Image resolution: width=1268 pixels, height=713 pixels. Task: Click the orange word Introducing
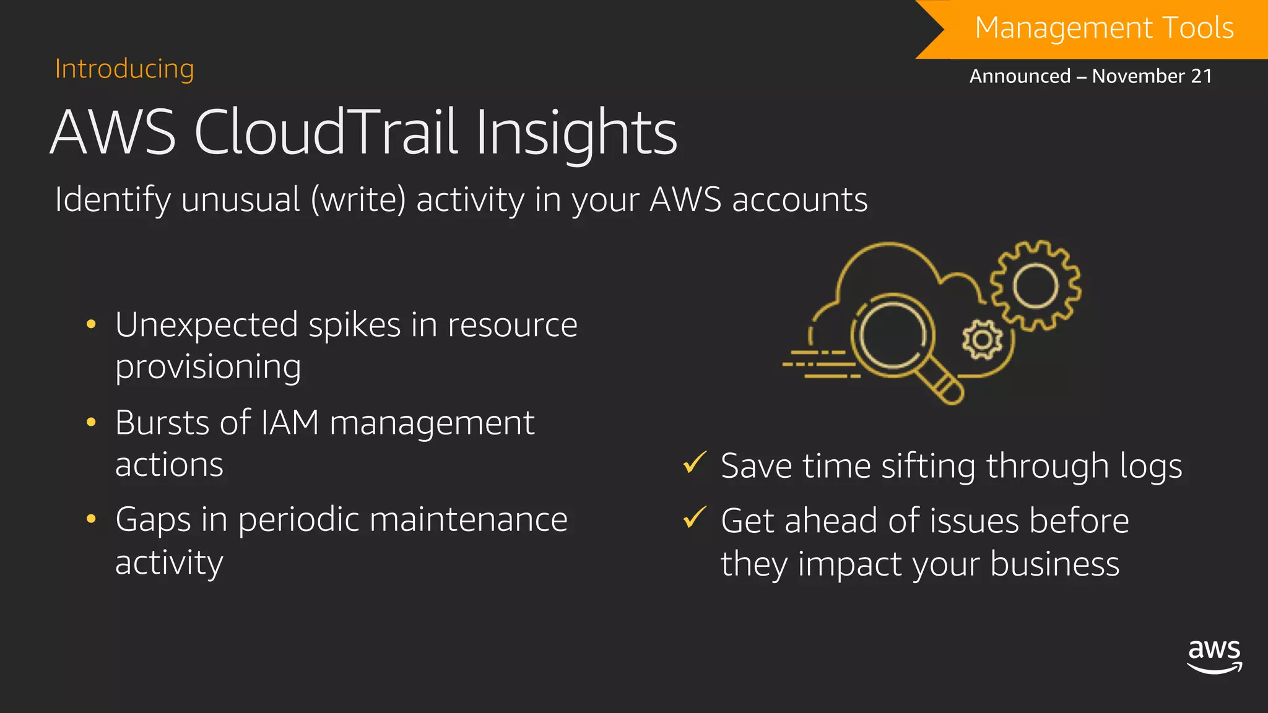124,69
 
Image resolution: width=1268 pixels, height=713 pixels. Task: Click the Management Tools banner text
1104,28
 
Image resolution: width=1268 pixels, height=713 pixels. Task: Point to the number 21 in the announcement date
1201,76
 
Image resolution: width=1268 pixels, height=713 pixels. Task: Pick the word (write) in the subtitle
358,200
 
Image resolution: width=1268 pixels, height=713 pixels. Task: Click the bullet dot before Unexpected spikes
91,324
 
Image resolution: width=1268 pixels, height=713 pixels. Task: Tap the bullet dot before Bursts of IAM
91,423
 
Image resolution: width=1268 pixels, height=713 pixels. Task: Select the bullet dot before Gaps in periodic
91,519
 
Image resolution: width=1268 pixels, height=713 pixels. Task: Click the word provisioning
208,367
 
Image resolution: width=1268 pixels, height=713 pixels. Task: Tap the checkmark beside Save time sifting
694,463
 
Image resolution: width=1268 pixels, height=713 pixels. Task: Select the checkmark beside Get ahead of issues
694,517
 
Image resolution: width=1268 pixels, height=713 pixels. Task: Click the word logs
1150,466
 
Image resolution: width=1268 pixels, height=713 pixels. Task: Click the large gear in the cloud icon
1035,286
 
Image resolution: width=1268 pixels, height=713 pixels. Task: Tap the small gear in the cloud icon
981,339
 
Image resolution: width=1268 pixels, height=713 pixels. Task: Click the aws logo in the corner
1214,656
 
